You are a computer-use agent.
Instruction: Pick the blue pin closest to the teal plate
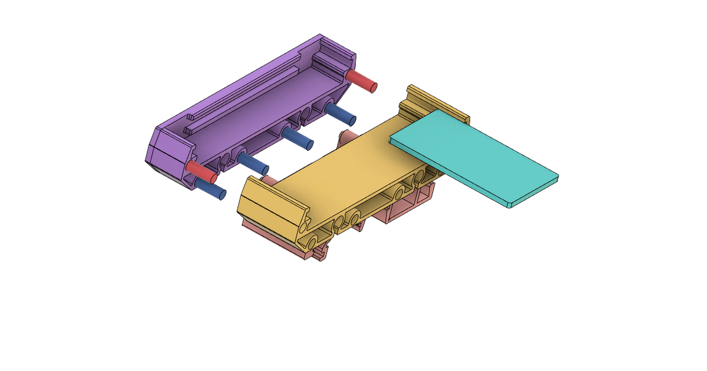coord(340,114)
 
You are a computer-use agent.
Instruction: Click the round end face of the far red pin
coord(374,87)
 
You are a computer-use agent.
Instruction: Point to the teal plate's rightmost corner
coord(557,175)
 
